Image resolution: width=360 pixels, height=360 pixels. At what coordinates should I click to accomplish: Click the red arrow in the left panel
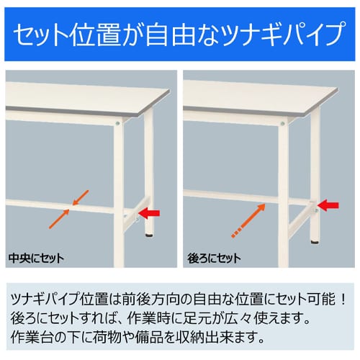(x=152, y=212)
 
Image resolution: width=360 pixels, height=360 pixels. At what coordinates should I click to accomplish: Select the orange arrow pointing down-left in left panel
(x=81, y=198)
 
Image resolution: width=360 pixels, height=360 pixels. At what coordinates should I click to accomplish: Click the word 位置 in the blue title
(x=107, y=33)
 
